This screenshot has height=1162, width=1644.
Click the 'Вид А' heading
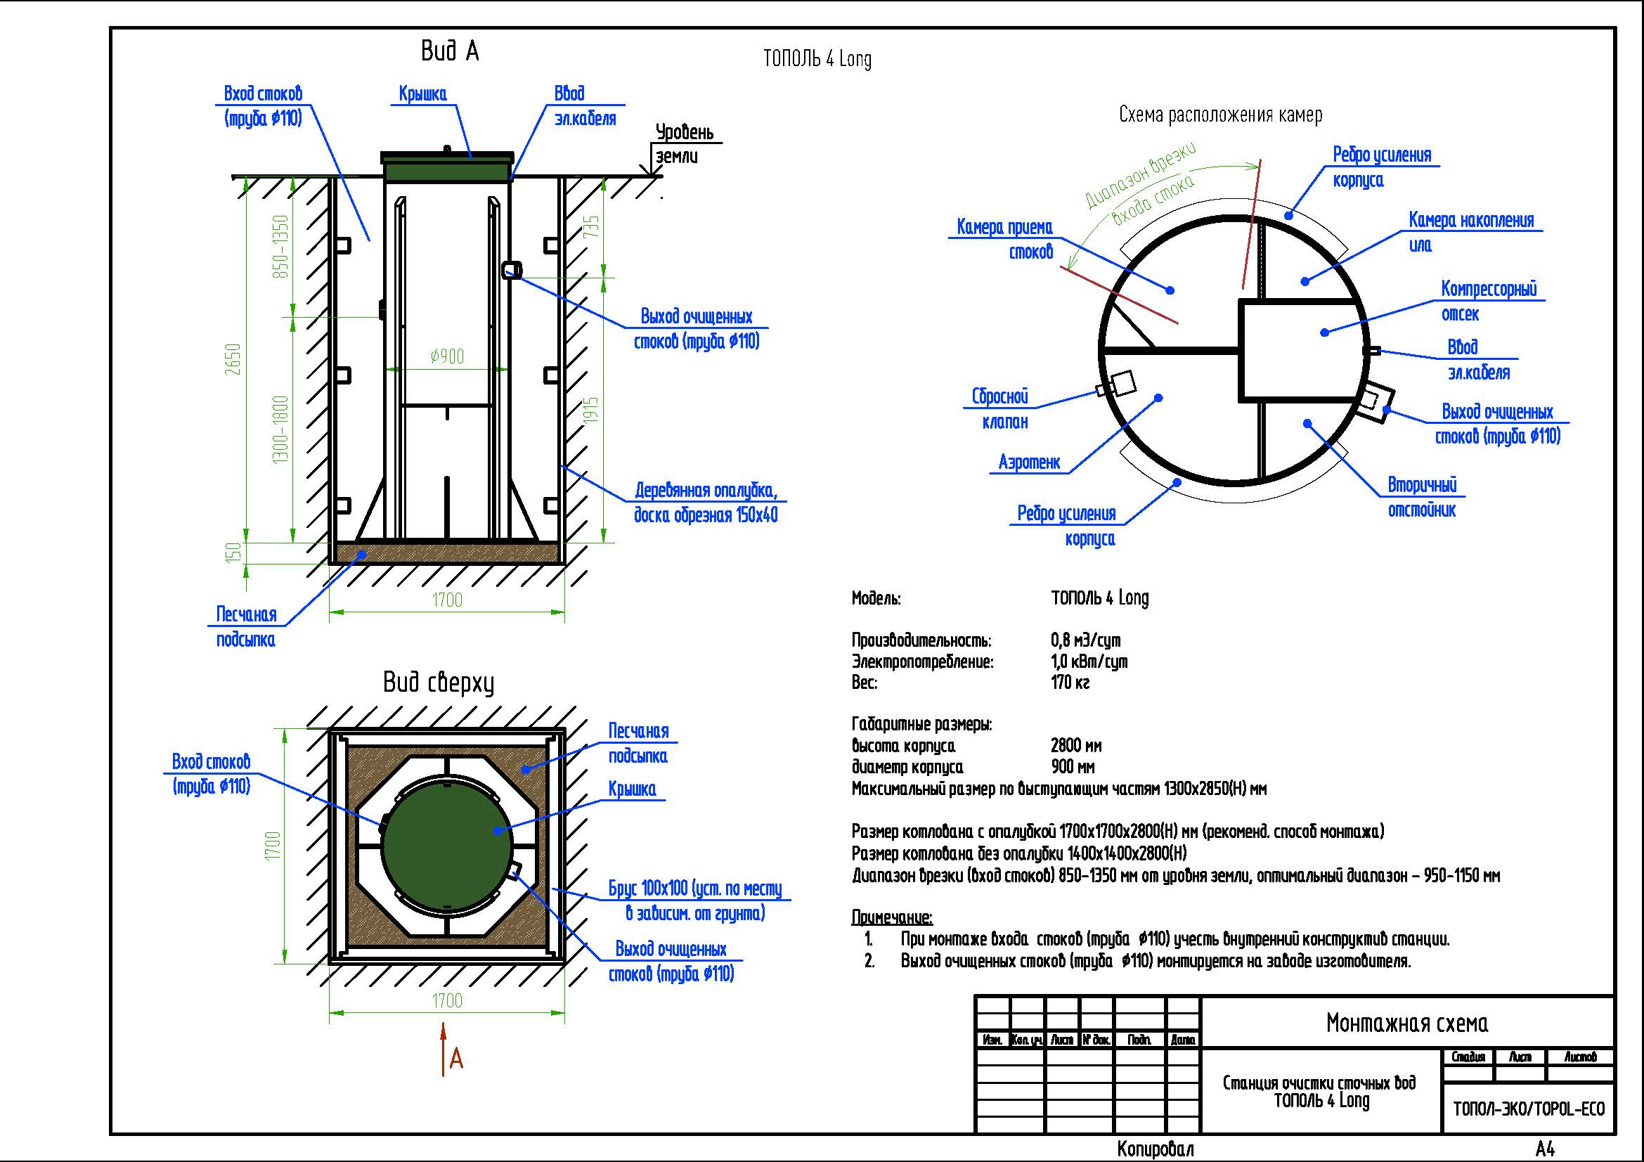(x=449, y=51)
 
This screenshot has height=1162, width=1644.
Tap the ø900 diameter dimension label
(x=448, y=356)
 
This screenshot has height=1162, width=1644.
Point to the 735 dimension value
(x=591, y=227)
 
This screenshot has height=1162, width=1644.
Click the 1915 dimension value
(x=591, y=411)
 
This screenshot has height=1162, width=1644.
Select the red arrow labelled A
(x=446, y=1049)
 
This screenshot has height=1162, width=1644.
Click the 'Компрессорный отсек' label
(x=1488, y=302)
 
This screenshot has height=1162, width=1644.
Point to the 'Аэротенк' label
(x=1029, y=463)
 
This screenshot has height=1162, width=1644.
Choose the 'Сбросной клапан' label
(x=1000, y=409)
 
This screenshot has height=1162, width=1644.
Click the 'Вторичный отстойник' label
(x=1422, y=497)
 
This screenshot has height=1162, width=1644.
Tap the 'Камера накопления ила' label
(x=1470, y=232)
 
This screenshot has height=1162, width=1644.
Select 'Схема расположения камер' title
(x=1220, y=115)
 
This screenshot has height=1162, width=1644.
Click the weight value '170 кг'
(x=1070, y=683)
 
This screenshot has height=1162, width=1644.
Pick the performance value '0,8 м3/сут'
(x=1085, y=640)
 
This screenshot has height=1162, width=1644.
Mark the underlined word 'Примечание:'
(x=891, y=917)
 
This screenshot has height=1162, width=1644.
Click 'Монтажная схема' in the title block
(x=1406, y=1023)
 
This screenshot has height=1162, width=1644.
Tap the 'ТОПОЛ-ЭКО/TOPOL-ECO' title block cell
(x=1529, y=1109)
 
